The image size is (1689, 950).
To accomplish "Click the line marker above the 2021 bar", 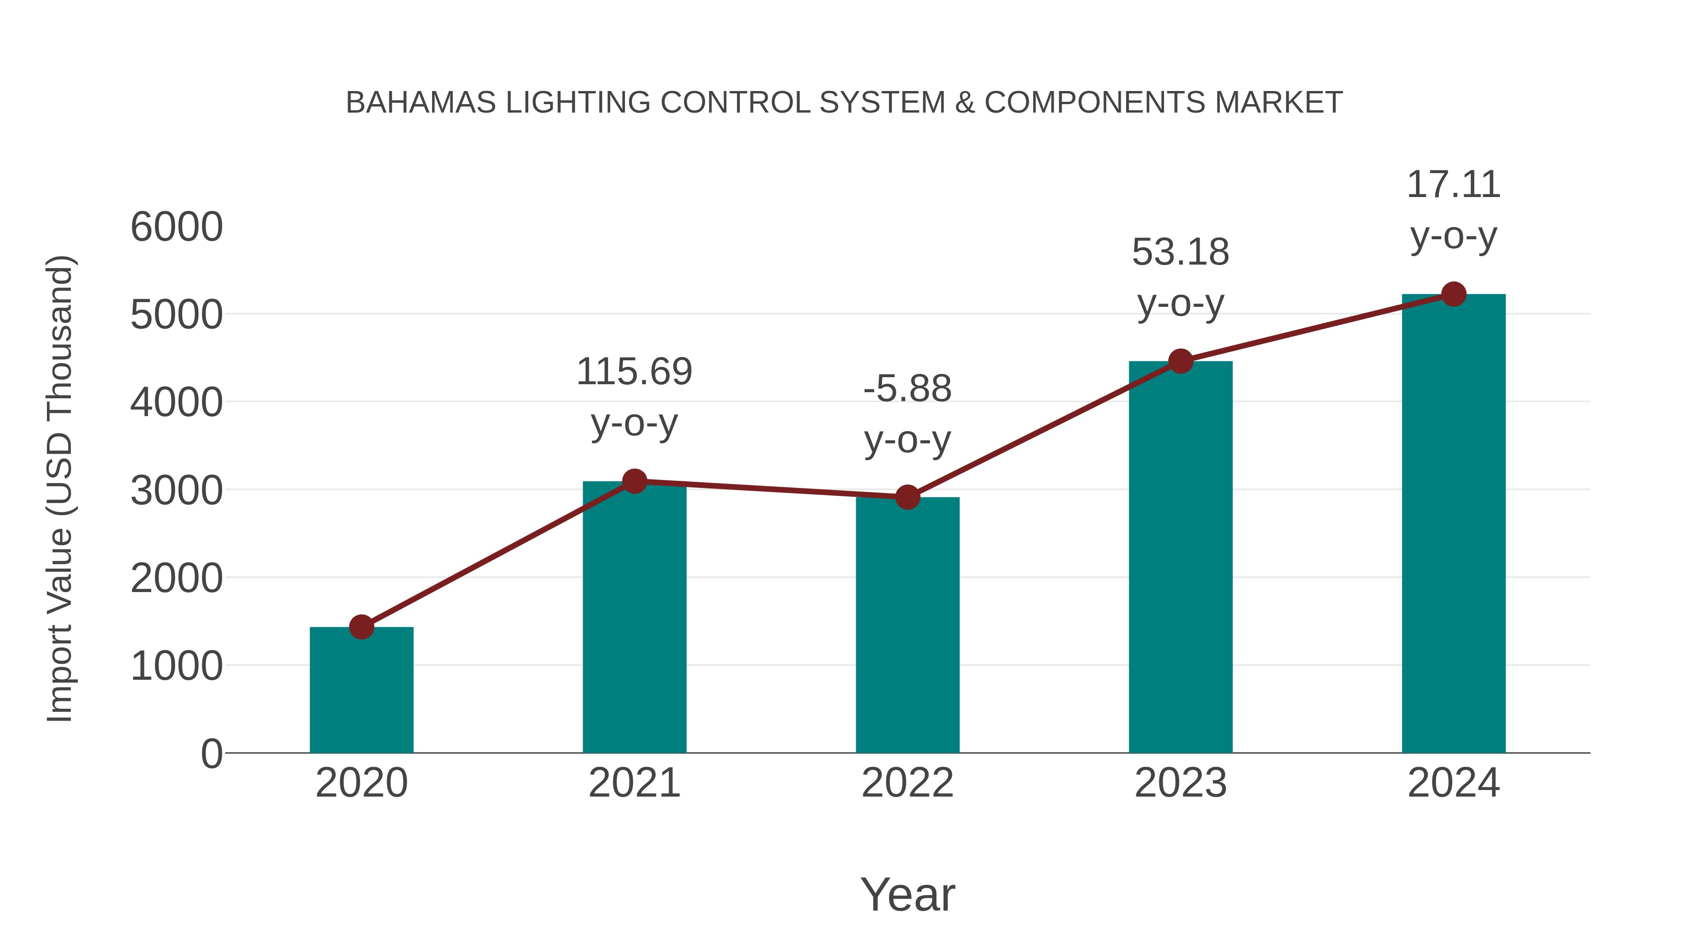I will coord(634,481).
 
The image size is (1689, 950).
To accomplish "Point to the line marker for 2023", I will coord(1180,361).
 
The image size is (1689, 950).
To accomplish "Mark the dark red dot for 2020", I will coord(361,627).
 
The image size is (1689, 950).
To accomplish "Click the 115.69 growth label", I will coord(634,372).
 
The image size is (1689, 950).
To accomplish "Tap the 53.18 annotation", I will coord(1180,252).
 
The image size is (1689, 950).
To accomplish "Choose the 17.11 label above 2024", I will coord(1453,184).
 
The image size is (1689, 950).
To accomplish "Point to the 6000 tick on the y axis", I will coord(176,227).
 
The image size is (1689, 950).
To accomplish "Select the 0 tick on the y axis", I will coord(211,753).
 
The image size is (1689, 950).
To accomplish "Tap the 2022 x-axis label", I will coord(907,783).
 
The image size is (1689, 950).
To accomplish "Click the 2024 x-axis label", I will coord(1453,783).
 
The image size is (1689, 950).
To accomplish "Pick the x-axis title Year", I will coord(907,894).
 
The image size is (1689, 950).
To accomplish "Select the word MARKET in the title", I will coord(1278,103).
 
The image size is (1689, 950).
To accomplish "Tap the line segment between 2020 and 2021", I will coord(498,554).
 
